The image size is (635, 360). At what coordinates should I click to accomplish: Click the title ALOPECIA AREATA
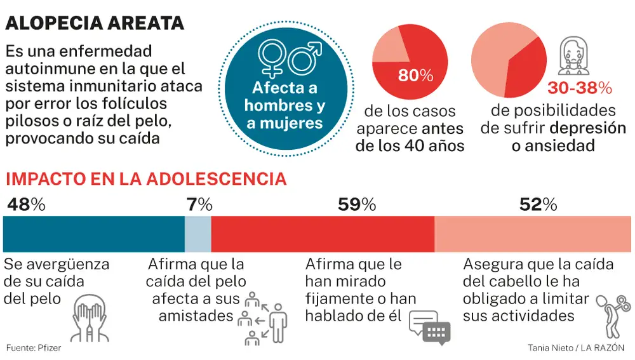95,23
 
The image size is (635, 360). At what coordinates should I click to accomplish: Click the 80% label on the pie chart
415,76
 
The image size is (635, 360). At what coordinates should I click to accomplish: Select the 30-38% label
578,87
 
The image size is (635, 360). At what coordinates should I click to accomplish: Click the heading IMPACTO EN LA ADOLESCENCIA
145,178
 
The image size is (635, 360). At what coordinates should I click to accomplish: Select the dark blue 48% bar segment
94,234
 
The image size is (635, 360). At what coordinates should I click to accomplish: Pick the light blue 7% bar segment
197,234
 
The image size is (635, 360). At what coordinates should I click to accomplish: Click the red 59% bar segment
323,234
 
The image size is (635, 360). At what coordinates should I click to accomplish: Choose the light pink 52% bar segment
532,234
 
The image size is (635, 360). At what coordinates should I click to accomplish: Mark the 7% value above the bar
199,204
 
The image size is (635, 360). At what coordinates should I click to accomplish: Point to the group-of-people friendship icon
262,317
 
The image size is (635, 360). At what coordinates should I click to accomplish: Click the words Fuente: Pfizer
34,348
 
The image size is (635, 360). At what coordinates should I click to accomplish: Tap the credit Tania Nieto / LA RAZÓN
575,348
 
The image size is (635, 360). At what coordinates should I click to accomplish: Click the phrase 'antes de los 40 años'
419,138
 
